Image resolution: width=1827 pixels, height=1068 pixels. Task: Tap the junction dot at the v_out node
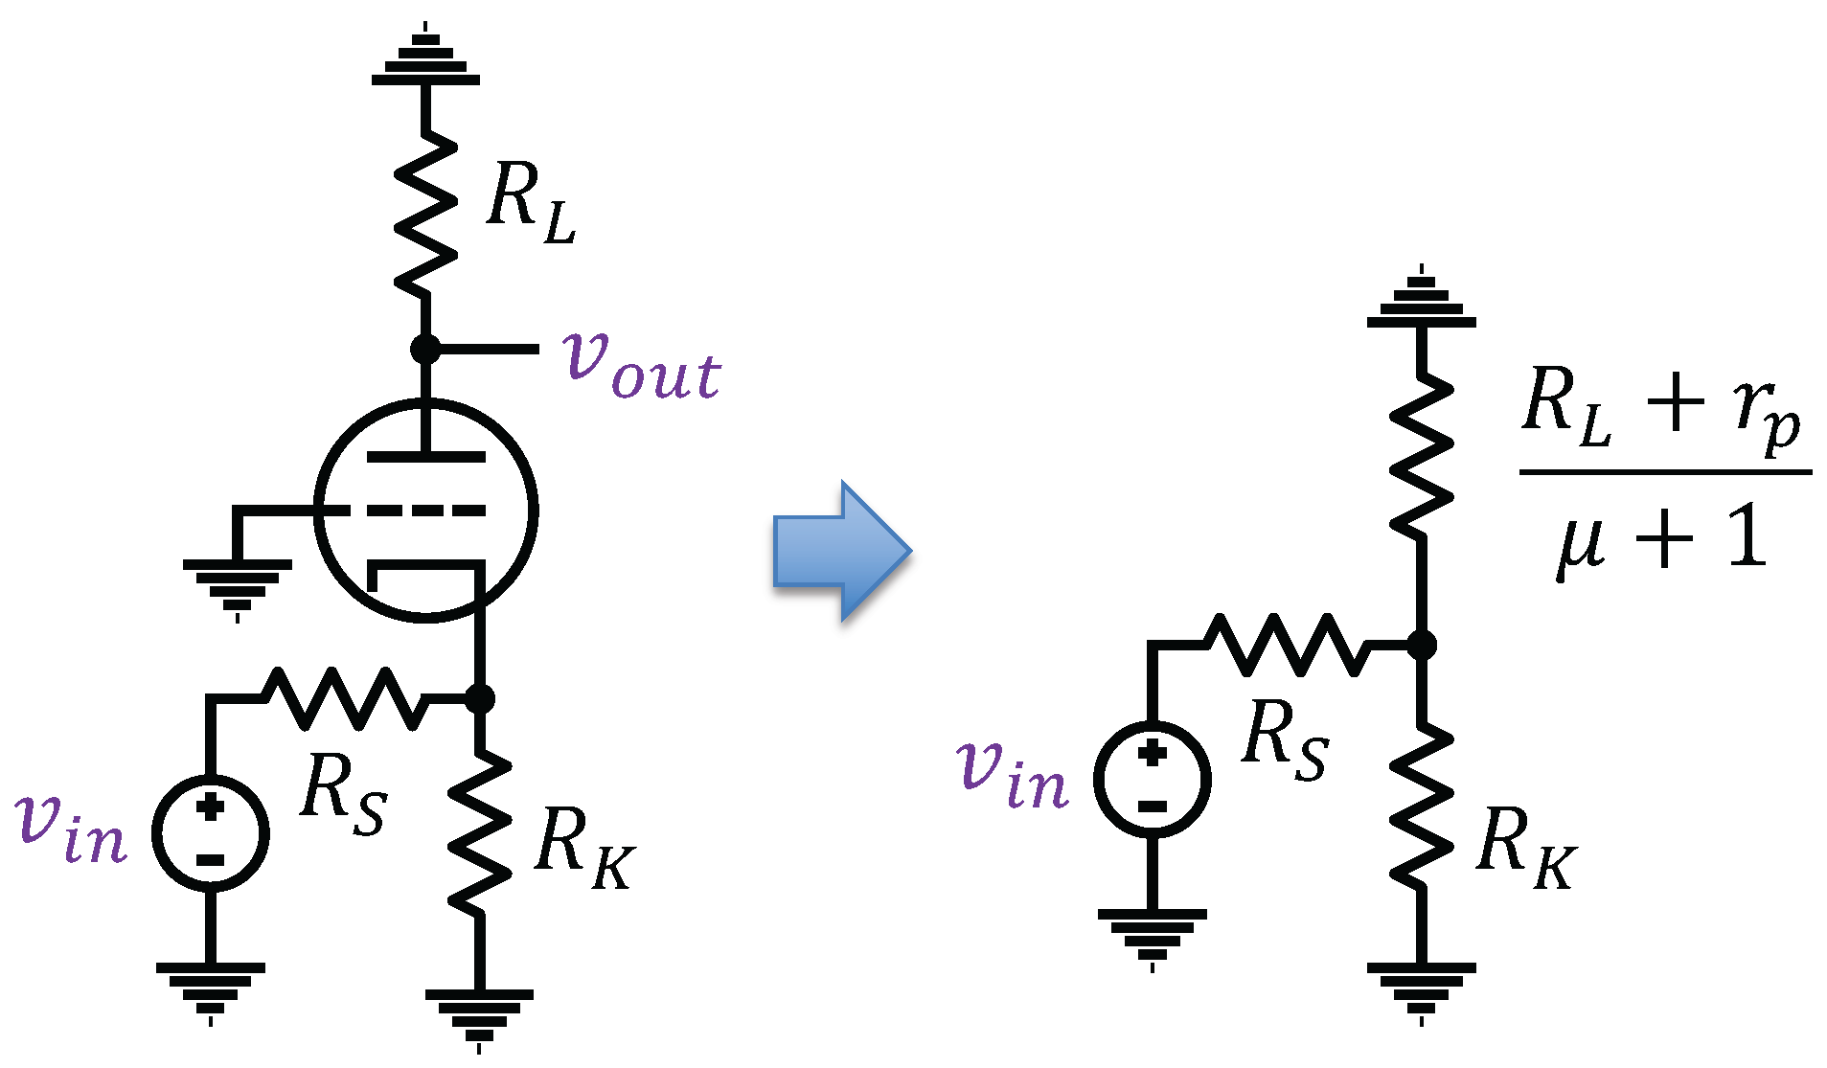(425, 349)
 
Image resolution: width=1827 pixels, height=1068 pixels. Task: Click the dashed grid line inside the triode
(425, 511)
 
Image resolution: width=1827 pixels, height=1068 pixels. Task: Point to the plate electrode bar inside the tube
(425, 457)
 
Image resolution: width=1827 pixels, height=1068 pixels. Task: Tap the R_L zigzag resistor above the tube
(425, 216)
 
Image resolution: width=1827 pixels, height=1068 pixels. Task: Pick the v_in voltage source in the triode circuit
(211, 832)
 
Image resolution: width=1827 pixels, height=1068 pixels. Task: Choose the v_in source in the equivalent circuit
(1153, 779)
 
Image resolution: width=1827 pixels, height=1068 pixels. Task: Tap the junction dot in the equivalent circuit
(1422, 646)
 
